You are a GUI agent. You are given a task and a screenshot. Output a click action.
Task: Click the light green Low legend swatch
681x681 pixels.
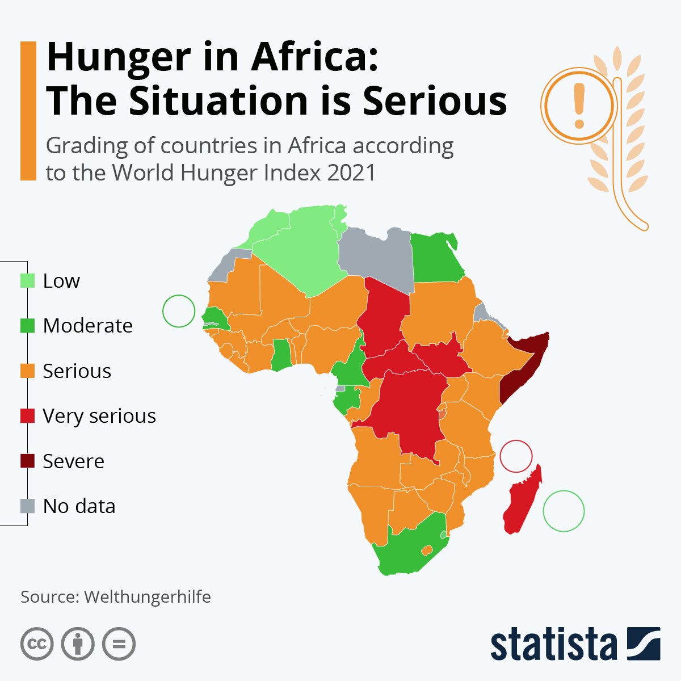pos(27,281)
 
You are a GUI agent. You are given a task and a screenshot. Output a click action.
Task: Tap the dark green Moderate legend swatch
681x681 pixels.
pos(27,326)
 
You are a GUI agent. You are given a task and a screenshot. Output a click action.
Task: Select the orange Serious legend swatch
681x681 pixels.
pos(27,371)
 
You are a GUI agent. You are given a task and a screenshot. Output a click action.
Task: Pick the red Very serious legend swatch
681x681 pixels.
pos(27,416)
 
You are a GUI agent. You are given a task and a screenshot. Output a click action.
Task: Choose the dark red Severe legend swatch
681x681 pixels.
pos(27,461)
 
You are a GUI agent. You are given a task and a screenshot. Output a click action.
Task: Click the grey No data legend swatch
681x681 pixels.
pos(27,506)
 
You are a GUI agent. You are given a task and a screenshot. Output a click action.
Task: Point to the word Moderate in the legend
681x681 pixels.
pos(87,326)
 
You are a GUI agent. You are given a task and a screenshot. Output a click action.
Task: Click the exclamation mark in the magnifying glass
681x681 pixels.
pos(579,105)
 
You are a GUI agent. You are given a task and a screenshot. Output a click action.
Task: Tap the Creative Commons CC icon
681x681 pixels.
pos(37,644)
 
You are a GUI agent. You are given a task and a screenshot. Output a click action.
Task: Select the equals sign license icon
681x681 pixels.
pos(119,644)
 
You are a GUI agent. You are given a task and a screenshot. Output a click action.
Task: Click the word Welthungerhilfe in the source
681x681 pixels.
pos(148,597)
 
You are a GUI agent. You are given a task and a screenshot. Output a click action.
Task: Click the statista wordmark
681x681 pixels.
pos(553,644)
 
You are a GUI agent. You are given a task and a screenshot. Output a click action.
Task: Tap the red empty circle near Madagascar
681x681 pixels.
pos(516,456)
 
